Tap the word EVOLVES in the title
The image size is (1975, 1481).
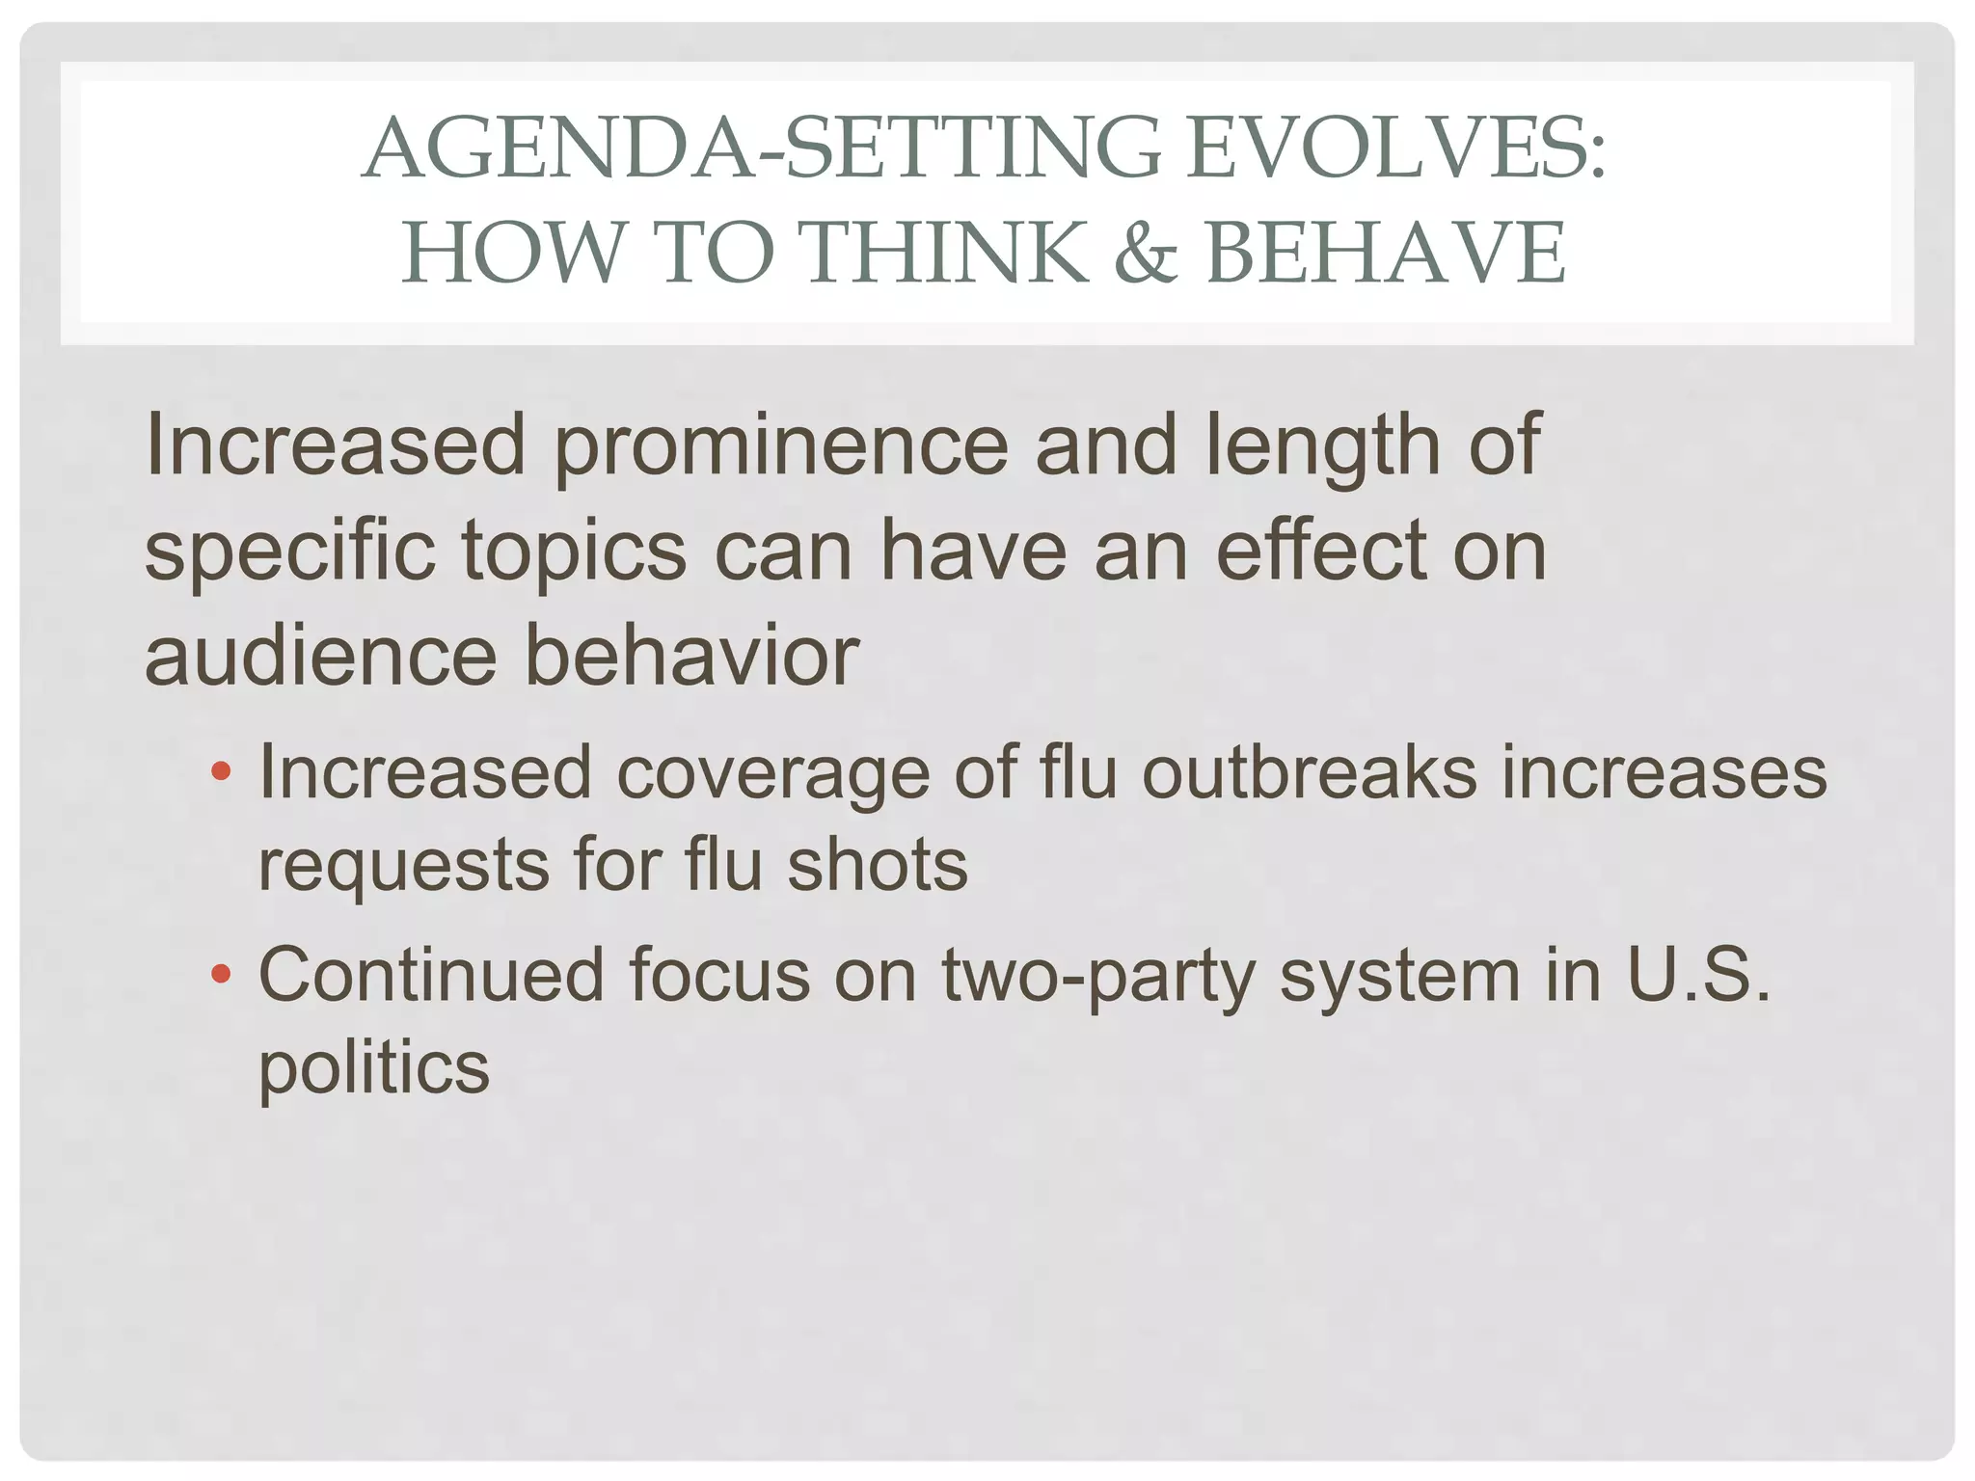[x=1394, y=149]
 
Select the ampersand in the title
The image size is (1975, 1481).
[x=1146, y=253]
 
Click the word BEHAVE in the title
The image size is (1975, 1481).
[x=1386, y=253]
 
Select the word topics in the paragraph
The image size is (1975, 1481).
[x=574, y=552]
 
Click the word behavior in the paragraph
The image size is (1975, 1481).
[x=690, y=656]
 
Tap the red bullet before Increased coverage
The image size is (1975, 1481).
[x=221, y=771]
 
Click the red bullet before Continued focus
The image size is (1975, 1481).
[x=221, y=975]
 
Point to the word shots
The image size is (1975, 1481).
[x=877, y=864]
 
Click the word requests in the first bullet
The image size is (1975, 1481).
[x=403, y=866]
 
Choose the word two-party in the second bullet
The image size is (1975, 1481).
[x=1099, y=977]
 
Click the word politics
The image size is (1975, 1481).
[x=374, y=1068]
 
